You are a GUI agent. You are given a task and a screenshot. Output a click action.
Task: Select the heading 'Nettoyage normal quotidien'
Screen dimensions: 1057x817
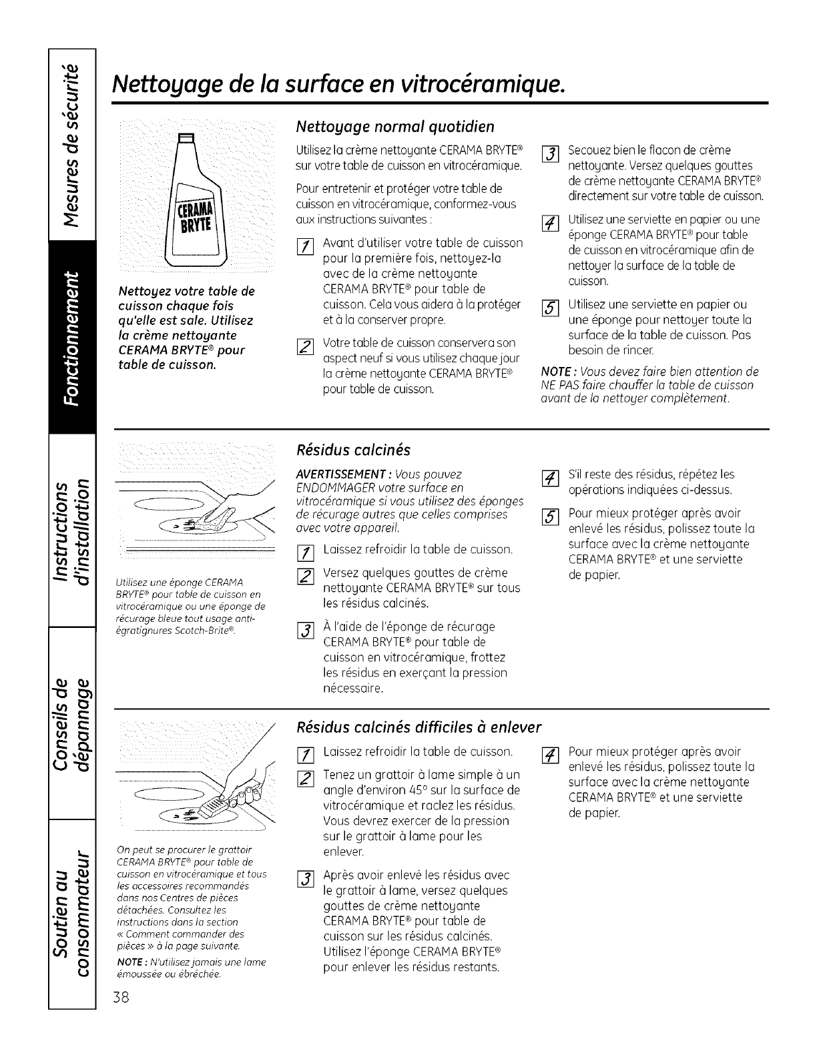click(395, 127)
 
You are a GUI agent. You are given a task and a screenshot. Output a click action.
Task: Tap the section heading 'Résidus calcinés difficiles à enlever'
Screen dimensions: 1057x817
click(419, 726)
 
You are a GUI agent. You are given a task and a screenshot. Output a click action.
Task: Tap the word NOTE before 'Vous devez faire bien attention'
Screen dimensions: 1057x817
click(553, 372)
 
